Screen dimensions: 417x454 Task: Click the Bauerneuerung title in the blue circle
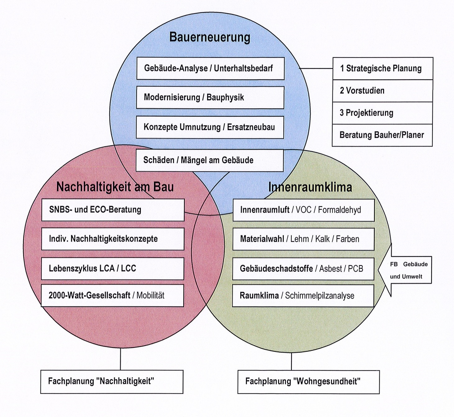[x=210, y=37]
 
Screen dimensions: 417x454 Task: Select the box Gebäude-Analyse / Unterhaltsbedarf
[x=210, y=68]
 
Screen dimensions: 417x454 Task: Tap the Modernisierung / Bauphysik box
[x=210, y=97]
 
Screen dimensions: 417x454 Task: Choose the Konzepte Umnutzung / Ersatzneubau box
[x=210, y=127]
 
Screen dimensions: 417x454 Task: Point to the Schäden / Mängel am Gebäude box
[x=210, y=160]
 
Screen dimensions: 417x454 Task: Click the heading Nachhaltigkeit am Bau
[x=115, y=187]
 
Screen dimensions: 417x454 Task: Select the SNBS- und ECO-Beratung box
[x=113, y=210]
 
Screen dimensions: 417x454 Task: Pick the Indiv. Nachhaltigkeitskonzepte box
[x=113, y=239]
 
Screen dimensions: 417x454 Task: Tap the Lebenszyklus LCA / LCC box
[x=112, y=268]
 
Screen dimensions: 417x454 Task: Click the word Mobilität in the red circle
[x=151, y=295]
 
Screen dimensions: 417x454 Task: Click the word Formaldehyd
[x=339, y=210]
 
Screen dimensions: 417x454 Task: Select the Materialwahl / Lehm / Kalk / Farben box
[x=303, y=239]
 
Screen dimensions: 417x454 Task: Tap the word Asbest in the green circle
[x=331, y=269]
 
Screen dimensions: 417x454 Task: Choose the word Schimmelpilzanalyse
[x=319, y=296]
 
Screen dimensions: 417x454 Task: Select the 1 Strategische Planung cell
[x=383, y=68]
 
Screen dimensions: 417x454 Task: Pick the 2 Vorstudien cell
[x=382, y=91]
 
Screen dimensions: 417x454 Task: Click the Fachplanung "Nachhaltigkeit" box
[x=112, y=382]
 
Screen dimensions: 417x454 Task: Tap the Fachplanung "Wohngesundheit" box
[x=308, y=382]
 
